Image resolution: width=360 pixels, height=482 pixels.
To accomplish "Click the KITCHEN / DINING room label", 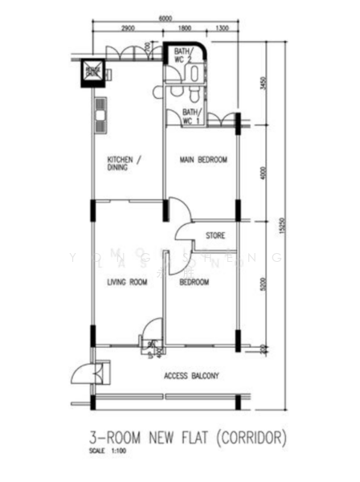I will tap(125, 165).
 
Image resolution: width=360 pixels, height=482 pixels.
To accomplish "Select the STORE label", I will tap(215, 235).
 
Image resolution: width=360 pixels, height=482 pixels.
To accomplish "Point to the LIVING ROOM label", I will tap(127, 282).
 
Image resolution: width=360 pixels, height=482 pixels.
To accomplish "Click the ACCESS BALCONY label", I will tap(192, 376).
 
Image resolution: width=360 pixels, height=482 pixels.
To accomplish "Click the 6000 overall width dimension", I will tap(166, 17).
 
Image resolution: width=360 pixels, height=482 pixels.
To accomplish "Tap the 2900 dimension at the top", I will tap(127, 28).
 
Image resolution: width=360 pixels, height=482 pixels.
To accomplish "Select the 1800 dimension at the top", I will tap(185, 28).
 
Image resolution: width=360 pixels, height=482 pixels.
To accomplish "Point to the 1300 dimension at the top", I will tap(223, 28).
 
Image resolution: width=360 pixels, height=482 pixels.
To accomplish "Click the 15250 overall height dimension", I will tap(282, 229).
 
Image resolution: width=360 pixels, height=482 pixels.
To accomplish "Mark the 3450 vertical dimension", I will tap(264, 83).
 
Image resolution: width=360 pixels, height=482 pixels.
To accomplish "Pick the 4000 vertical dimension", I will tap(264, 170).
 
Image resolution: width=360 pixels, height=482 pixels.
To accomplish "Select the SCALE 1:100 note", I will tap(104, 451).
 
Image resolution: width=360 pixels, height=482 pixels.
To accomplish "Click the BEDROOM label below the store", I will tap(194, 282).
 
